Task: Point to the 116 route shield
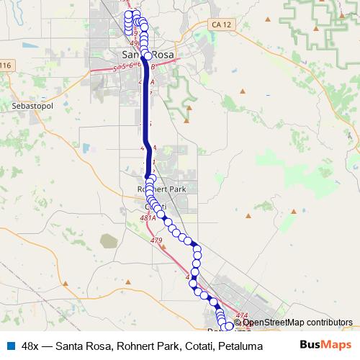pyautogui.click(x=6, y=66)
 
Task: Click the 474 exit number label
pyautogui.click(x=241, y=315)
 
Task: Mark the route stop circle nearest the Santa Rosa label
pyautogui.click(x=148, y=55)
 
